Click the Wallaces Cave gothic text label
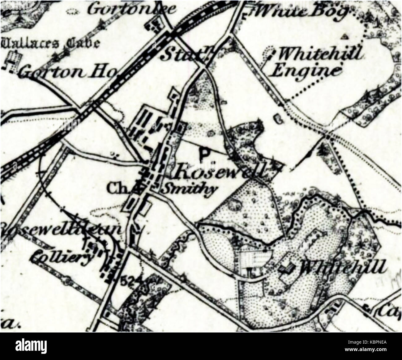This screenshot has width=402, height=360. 49,43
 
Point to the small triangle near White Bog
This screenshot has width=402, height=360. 345,37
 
